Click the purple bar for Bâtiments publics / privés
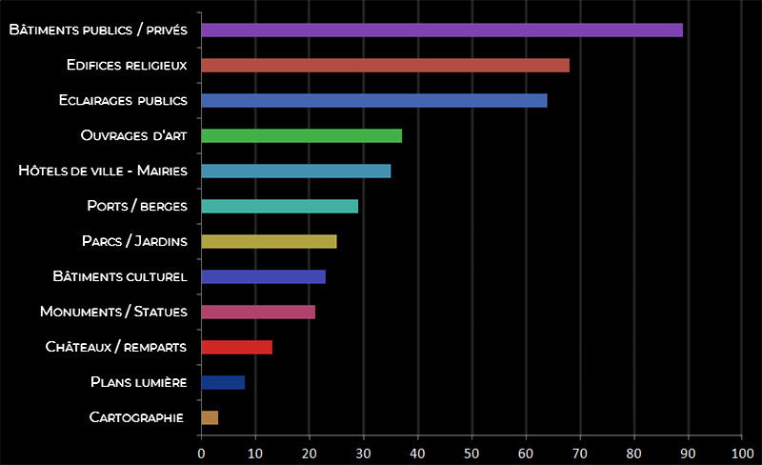click(442, 30)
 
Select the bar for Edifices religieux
click(385, 65)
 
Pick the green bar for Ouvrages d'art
click(301, 135)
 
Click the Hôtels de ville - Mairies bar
click(295, 171)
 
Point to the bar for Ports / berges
click(279, 206)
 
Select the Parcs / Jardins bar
click(269, 241)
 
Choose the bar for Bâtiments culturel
click(263, 276)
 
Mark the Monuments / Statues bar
click(257, 312)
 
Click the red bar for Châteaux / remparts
click(236, 347)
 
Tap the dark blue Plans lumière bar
click(223, 382)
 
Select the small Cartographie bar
click(210, 417)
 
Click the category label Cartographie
click(137, 417)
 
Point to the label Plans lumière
click(138, 382)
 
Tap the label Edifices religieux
click(126, 65)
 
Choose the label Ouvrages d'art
click(132, 135)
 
